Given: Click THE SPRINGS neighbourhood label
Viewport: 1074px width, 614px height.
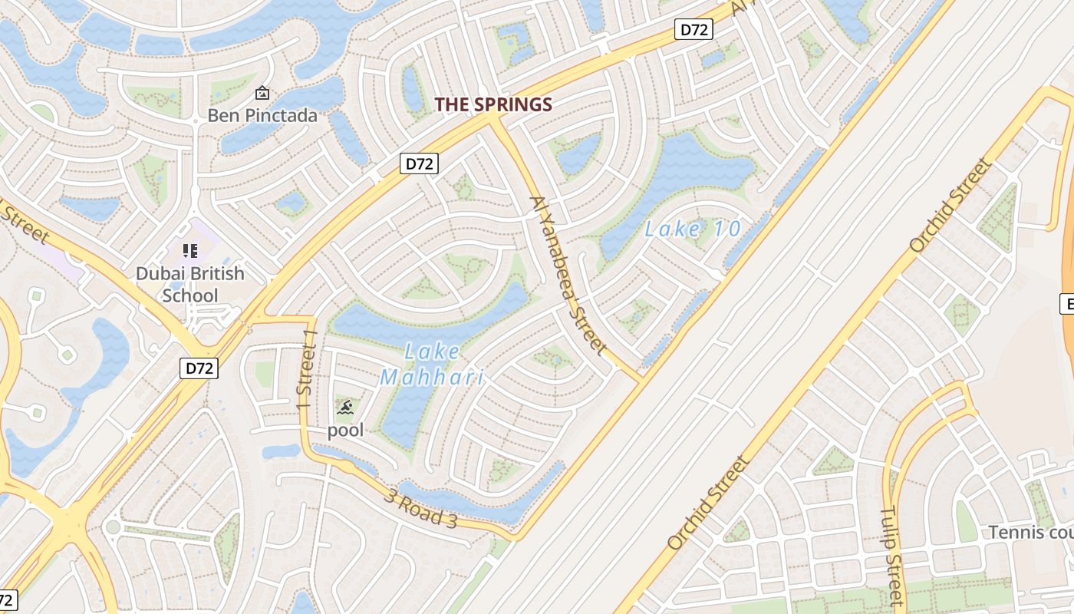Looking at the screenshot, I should click(493, 105).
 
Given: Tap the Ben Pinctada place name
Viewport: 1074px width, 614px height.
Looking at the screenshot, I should click(262, 116).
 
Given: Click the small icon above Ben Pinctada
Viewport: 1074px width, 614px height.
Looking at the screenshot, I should click(262, 93).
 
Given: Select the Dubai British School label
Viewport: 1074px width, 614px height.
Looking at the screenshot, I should click(189, 284).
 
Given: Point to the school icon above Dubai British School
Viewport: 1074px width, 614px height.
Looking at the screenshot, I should click(189, 250).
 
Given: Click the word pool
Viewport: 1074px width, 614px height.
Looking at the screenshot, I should click(345, 431).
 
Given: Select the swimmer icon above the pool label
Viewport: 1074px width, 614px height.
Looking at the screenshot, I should click(345, 407).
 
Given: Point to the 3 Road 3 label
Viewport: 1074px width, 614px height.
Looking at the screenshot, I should click(421, 507).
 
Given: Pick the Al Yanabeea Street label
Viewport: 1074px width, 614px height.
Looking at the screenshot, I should click(568, 275).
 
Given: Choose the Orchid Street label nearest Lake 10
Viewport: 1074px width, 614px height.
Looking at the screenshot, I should click(950, 206).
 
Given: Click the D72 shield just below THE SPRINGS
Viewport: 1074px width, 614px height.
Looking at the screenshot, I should click(419, 163).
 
